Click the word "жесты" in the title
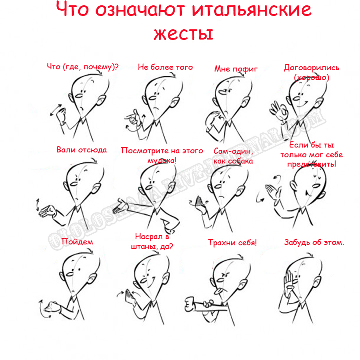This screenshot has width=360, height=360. pos(183,34)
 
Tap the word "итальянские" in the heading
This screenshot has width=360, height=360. pos(252,10)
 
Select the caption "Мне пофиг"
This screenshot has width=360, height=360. pos(236,68)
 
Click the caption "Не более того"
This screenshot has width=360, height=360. pos(165,67)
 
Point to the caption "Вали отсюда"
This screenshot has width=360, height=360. pos(81,150)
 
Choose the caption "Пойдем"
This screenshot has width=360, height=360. pos(77,242)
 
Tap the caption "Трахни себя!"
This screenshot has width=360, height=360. pos(232,243)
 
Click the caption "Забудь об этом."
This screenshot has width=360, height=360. pos(314,242)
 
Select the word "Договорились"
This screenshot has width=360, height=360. pos(312,68)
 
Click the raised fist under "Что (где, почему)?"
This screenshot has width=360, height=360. pos(61,115)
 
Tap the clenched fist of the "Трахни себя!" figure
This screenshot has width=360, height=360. pos(189,304)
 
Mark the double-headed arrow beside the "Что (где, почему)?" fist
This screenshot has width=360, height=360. pos(56,110)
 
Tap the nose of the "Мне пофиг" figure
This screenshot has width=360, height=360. pos(222,92)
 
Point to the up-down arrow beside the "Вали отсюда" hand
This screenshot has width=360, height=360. pos(37,205)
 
